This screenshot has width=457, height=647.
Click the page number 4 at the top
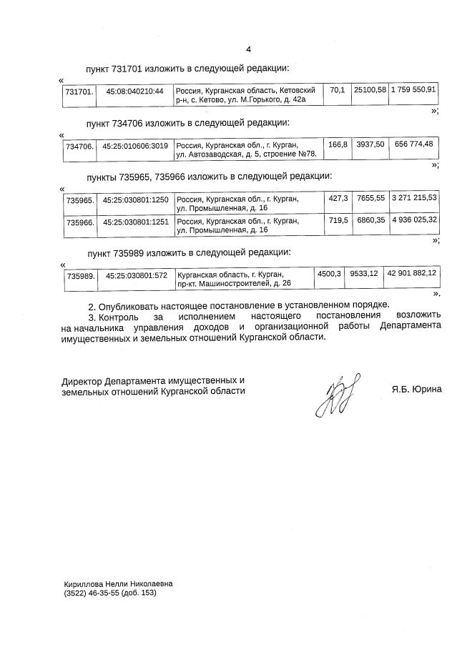[248, 49]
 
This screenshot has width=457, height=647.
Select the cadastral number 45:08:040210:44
[135, 92]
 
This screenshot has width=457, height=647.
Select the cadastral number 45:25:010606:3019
[135, 146]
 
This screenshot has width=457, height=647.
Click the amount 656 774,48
[413, 144]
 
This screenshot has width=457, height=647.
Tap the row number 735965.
[79, 199]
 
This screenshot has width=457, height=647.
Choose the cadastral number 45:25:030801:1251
[135, 222]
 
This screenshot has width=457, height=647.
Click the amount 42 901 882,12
[411, 273]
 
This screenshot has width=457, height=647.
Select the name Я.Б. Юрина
[416, 390]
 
